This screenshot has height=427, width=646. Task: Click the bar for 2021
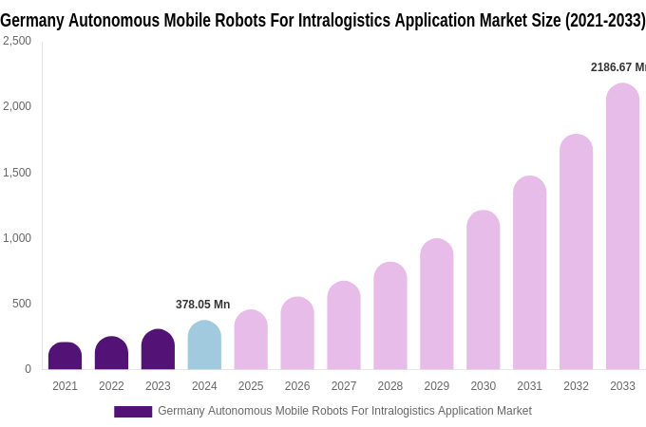pyautogui.click(x=65, y=357)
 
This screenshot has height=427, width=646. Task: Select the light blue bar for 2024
pyautogui.click(x=204, y=345)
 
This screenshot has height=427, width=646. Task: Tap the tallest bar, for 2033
pyautogui.click(x=622, y=227)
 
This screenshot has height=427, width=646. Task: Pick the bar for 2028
pyautogui.click(x=389, y=316)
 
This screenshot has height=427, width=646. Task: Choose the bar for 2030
pyautogui.click(x=483, y=290)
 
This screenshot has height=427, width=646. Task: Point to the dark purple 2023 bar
pyautogui.click(x=158, y=350)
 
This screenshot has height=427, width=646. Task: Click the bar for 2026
pyautogui.click(x=297, y=334)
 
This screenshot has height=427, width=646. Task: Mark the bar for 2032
pyautogui.click(x=576, y=252)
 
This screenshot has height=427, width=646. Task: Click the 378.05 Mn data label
pyautogui.click(x=202, y=305)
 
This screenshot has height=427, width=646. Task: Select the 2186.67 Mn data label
pyautogui.click(x=617, y=67)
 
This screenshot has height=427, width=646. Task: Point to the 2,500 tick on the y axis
pyautogui.click(x=16, y=41)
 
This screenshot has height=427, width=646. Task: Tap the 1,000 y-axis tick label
pyautogui.click(x=16, y=238)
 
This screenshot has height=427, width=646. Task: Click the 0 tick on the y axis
pyautogui.click(x=28, y=369)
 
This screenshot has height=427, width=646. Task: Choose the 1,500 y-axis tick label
pyautogui.click(x=16, y=173)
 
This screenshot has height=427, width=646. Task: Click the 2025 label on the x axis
pyautogui.click(x=251, y=386)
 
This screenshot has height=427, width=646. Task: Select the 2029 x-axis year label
pyautogui.click(x=436, y=386)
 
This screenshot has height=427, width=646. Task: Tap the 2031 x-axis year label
pyautogui.click(x=529, y=386)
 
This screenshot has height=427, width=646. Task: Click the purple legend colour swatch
pyautogui.click(x=133, y=412)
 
